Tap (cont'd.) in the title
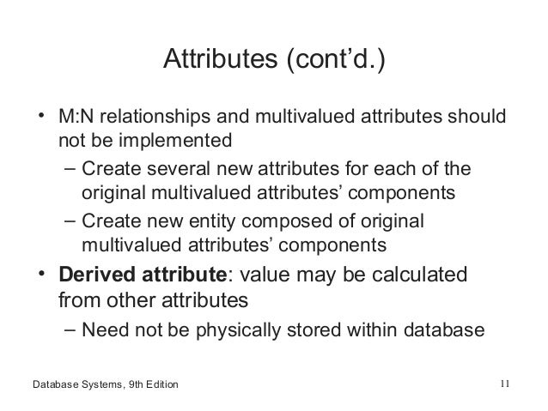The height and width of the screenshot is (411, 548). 330,62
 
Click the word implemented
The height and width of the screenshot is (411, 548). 160,139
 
